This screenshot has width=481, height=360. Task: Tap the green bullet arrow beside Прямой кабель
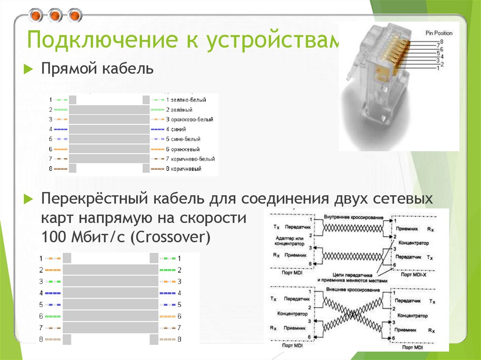click(x=29, y=70)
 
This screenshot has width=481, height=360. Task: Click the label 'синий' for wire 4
click(x=179, y=129)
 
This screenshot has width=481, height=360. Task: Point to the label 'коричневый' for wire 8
click(x=186, y=169)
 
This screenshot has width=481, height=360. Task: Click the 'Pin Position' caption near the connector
click(x=439, y=33)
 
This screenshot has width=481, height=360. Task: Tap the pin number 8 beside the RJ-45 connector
click(x=440, y=43)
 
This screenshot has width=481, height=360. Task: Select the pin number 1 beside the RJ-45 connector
click(x=438, y=69)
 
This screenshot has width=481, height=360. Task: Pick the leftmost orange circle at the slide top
click(x=36, y=16)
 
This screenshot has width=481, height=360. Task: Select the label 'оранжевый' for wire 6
click(x=185, y=149)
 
